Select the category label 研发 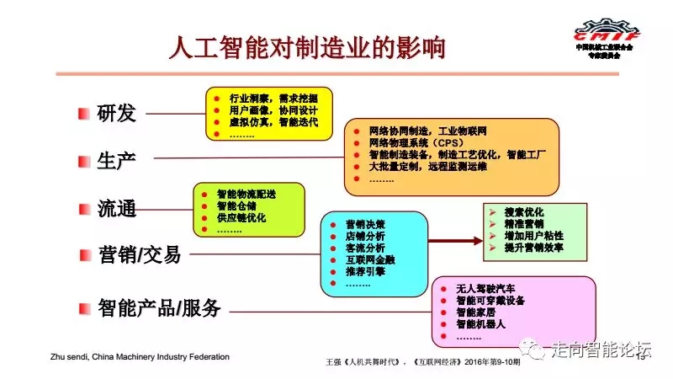116,114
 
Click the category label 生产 116,160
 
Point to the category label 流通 116,209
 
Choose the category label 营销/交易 139,254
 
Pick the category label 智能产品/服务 159,308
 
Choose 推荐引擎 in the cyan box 364,272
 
